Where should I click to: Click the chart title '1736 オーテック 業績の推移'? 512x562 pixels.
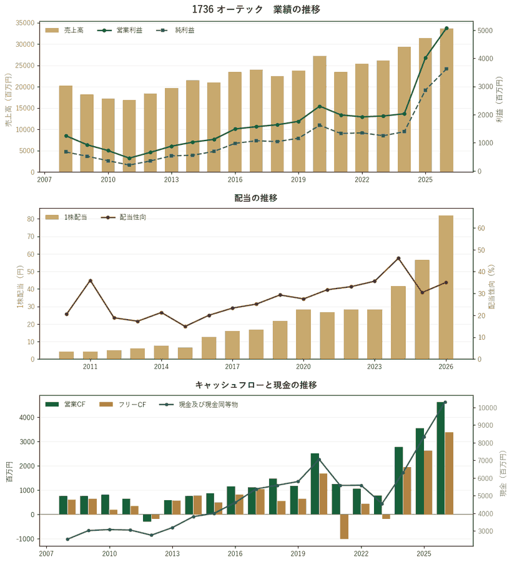coord(256,9)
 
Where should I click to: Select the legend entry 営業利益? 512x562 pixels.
coord(120,31)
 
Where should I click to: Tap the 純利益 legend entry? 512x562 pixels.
coord(175,31)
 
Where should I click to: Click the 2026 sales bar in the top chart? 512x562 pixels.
coord(446,101)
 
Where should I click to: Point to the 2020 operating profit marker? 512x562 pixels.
coord(320,106)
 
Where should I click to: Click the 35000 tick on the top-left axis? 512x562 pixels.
coord(25,23)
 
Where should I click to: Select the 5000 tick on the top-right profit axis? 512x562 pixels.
coord(485,31)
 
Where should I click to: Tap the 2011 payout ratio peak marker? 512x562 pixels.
coord(91,280)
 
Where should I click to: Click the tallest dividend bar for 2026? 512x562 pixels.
coord(446,287)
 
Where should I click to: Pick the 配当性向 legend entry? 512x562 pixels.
coord(124,217)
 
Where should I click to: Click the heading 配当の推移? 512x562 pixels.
coord(256,198)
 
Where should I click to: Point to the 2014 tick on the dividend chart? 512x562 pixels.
coord(161,367)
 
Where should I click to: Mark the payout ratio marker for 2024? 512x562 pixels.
coord(398,258)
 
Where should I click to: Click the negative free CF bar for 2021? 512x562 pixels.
coord(344,526)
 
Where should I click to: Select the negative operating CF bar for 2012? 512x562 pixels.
coord(147,518)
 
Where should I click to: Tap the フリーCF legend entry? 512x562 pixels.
coord(123,404)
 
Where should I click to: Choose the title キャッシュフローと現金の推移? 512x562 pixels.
coord(256,385)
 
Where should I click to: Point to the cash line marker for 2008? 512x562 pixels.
coord(67,539)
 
